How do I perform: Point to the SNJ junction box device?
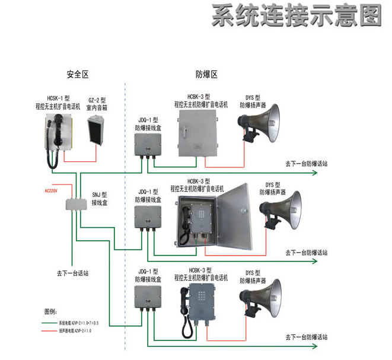(77, 202)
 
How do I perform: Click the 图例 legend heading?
(50, 311)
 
